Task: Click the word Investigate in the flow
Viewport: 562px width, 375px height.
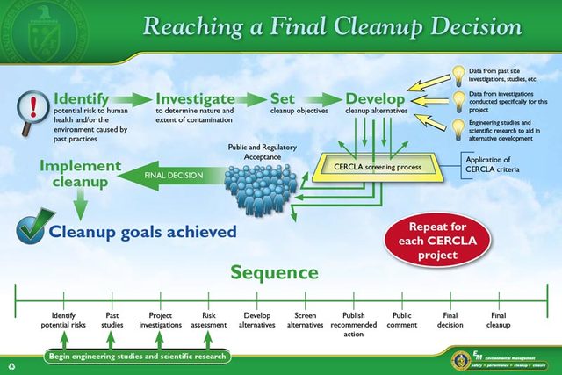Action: click(195, 98)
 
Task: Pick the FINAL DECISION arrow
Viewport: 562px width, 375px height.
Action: click(176, 176)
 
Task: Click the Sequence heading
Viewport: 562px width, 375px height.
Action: click(274, 273)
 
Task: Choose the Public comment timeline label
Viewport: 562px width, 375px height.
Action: click(402, 320)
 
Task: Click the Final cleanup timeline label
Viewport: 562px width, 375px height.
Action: click(499, 320)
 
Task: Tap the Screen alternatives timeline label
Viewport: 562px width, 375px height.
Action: click(306, 320)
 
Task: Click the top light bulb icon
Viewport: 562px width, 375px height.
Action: click(458, 74)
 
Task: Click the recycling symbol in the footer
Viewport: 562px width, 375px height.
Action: click(11, 364)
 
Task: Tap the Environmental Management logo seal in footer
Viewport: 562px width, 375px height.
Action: click(460, 360)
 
